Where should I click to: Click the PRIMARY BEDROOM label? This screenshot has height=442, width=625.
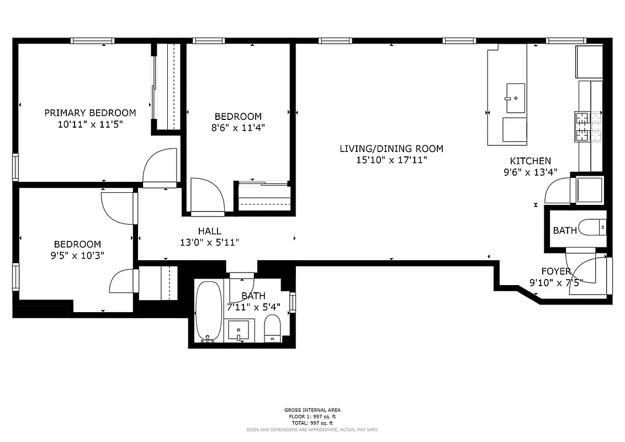pyautogui.click(x=90, y=113)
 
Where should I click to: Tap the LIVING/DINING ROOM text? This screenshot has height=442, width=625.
pyautogui.click(x=391, y=149)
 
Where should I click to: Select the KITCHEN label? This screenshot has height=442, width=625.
pyautogui.click(x=530, y=161)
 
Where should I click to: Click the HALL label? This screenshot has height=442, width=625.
pyautogui.click(x=209, y=231)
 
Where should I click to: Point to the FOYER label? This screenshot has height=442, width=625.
pyautogui.click(x=555, y=271)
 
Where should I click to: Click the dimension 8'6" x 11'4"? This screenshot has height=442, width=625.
pyautogui.click(x=238, y=128)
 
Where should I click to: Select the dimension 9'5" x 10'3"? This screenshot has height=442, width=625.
pyautogui.click(x=77, y=255)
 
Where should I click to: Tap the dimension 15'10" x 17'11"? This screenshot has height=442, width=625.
pyautogui.click(x=391, y=160)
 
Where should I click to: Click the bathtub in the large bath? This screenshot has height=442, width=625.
pyautogui.click(x=209, y=312)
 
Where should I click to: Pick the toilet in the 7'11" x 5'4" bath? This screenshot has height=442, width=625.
pyautogui.click(x=273, y=329)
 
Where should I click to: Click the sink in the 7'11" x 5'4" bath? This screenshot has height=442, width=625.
pyautogui.click(x=239, y=330)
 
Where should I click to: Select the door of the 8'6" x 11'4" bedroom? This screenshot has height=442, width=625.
pyautogui.click(x=206, y=196)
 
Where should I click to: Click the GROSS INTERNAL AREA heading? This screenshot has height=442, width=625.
pyautogui.click(x=312, y=410)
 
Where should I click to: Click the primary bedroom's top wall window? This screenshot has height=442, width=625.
pyautogui.click(x=92, y=40)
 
